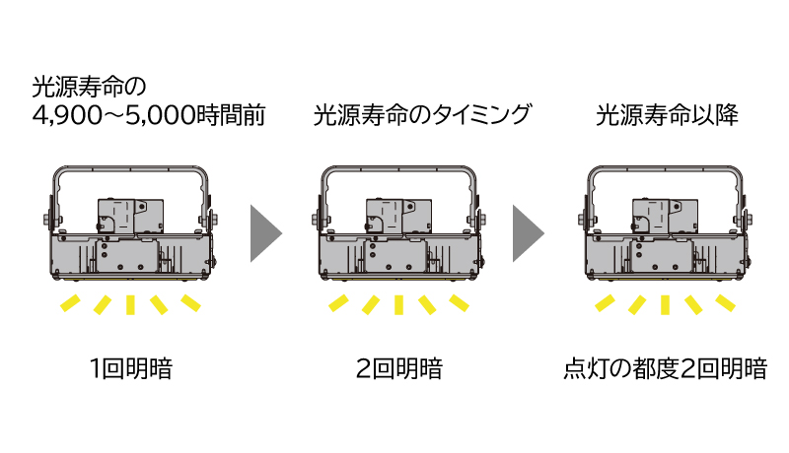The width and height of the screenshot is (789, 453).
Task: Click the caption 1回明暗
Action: click(130, 370)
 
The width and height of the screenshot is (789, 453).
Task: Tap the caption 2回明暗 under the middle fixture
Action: click(398, 370)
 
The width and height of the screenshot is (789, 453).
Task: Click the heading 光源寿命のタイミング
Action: click(421, 115)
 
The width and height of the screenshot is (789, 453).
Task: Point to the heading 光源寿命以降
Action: click(667, 115)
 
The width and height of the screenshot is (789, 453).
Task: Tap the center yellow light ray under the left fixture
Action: click(130, 305)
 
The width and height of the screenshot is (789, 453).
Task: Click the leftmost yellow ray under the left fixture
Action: click(71, 300)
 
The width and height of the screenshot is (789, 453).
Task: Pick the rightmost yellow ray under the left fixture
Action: click(190, 300)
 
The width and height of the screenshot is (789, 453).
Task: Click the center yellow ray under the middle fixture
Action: click(398, 305)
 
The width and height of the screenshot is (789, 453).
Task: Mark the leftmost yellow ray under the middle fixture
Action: click(339, 300)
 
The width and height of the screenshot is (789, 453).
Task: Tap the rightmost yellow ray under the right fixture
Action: click(725, 300)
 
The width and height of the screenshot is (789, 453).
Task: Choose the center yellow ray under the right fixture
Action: click(666, 305)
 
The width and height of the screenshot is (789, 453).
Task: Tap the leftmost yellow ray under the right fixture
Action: click(607, 300)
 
